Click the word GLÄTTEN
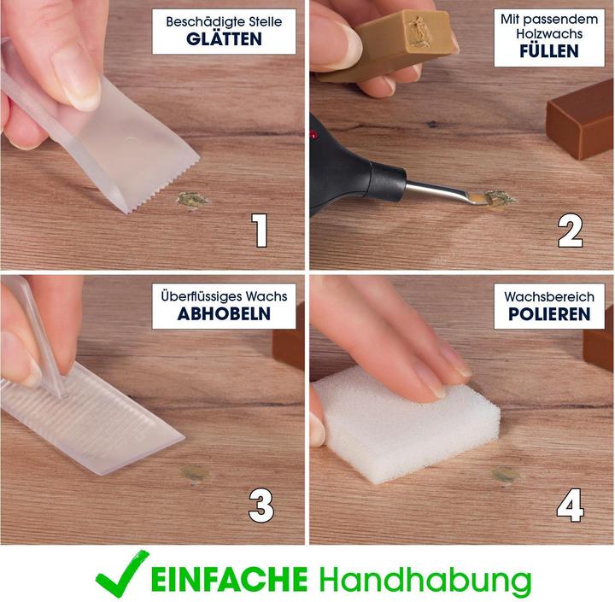click(225, 38)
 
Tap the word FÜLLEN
click(548, 51)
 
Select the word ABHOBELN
click(224, 313)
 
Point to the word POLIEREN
click(548, 313)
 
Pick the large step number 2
click(570, 231)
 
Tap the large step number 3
click(261, 506)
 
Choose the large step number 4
click(570, 506)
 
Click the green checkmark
click(121, 575)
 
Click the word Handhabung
click(425, 579)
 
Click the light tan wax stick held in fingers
click(384, 43)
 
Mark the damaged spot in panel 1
click(191, 201)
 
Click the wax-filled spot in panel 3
click(194, 473)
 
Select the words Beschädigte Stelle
click(225, 20)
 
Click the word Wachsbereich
click(548, 295)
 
